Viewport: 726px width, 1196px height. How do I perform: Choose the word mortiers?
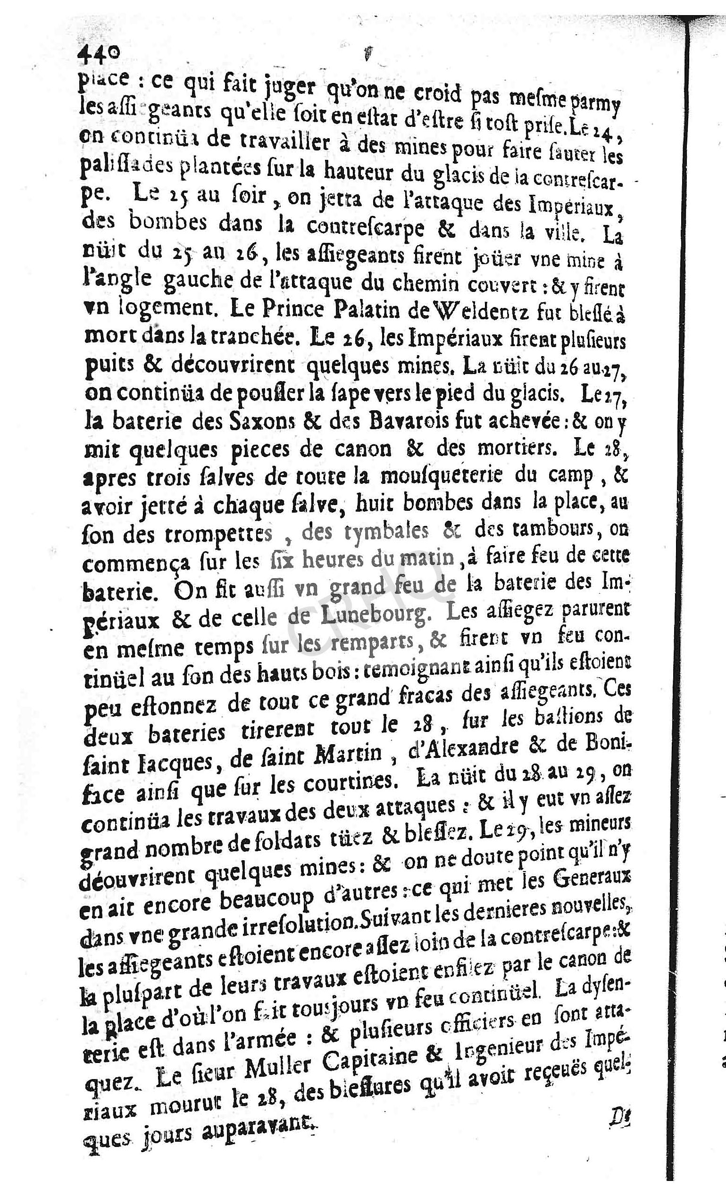[x=515, y=448]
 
